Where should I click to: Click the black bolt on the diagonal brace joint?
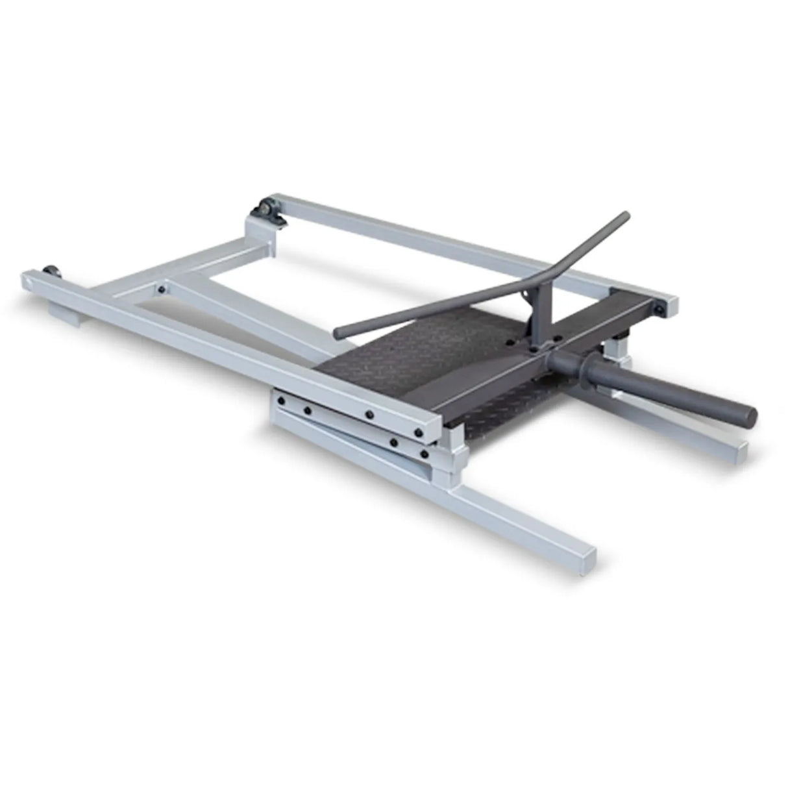coord(160,290)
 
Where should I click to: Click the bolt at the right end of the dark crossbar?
coord(659,309)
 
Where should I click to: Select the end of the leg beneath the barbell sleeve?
coord(737,449)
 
